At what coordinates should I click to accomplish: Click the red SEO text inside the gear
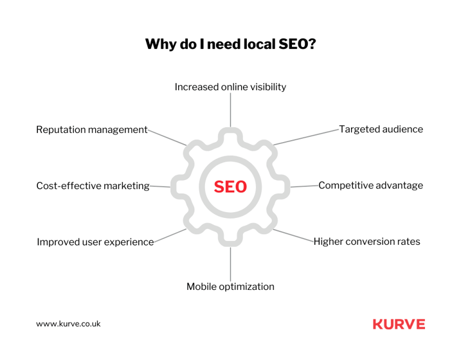point(230,186)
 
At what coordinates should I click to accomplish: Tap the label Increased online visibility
point(230,87)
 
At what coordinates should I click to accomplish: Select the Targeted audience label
point(381,129)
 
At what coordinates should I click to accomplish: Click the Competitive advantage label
point(371,185)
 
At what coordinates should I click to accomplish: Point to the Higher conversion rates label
point(367,242)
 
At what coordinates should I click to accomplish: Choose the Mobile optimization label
point(230,287)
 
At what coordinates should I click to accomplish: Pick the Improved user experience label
point(95,242)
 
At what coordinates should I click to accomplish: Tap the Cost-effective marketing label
point(93,186)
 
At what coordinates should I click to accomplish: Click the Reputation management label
point(92,130)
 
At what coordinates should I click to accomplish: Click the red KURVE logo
point(399,324)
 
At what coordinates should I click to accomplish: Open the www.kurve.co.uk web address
point(68,324)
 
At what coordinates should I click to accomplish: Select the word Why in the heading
point(161,44)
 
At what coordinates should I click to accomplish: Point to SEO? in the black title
point(297,44)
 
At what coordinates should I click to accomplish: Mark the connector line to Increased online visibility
point(230,110)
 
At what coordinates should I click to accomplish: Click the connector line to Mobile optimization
point(230,264)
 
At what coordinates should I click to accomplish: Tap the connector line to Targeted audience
point(306,137)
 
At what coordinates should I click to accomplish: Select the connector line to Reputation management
point(167,138)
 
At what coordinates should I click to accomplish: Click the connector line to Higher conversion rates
point(293,236)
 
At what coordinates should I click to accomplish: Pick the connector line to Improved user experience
point(170,236)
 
